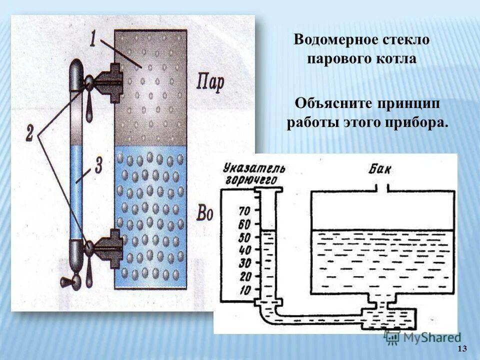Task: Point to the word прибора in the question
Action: (418, 122)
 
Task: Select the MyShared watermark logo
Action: (422, 337)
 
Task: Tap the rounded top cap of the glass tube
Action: (77, 70)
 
